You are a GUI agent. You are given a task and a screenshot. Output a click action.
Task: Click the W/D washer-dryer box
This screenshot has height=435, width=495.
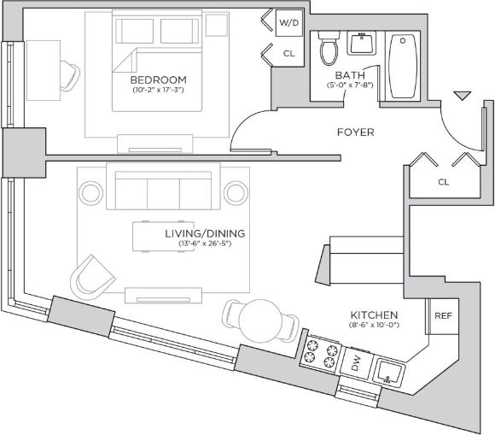(x=289, y=23)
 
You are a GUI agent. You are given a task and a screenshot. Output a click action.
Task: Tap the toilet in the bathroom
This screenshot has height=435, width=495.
(x=329, y=48)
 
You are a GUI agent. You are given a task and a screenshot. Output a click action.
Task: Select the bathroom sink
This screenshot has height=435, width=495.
(x=362, y=43)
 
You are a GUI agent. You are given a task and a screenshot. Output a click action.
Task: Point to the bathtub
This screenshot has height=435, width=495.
(x=402, y=66)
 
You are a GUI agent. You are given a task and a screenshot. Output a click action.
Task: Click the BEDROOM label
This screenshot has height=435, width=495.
(x=159, y=79)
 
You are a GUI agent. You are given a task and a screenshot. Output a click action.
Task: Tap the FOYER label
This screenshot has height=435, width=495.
(x=356, y=132)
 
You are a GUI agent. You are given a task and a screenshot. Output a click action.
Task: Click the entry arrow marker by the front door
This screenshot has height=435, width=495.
(x=463, y=96)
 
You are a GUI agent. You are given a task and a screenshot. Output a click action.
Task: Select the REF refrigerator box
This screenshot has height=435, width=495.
(x=443, y=316)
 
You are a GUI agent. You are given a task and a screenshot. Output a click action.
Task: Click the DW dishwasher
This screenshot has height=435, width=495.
(x=357, y=363)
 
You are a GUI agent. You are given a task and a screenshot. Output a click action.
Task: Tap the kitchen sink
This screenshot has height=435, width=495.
(x=389, y=371)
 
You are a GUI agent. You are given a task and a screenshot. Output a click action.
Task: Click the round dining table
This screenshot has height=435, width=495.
(x=259, y=320)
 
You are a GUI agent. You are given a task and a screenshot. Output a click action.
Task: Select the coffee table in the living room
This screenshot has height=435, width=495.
(x=163, y=237)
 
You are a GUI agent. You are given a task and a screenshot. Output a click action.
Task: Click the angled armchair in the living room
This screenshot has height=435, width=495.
(x=92, y=279)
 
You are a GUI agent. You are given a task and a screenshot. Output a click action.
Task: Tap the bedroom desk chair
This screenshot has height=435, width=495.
(x=69, y=75)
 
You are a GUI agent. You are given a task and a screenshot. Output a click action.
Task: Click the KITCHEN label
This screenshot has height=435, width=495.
(x=374, y=314)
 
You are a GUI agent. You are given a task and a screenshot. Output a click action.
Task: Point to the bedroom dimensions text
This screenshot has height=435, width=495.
(x=158, y=90)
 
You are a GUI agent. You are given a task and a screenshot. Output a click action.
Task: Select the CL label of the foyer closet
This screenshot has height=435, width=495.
(x=444, y=182)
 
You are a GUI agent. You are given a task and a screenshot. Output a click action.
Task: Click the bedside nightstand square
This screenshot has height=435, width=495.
(x=217, y=25)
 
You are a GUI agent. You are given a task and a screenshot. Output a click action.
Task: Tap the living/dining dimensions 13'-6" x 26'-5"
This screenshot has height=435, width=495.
(x=205, y=244)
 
